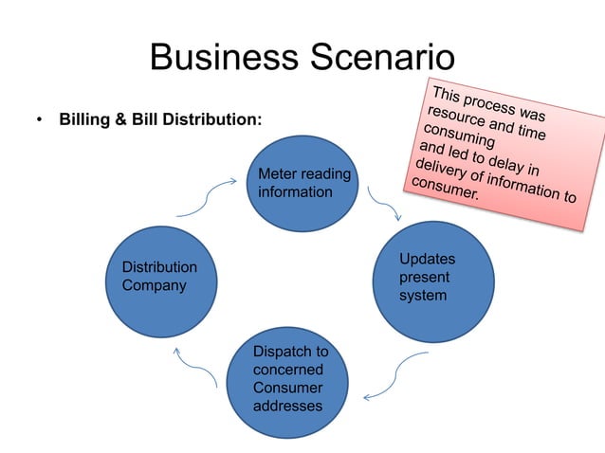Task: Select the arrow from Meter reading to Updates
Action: coord(384,209)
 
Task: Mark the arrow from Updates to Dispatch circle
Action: coord(398,374)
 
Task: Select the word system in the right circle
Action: coord(423,296)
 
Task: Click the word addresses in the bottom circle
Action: coord(287,406)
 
